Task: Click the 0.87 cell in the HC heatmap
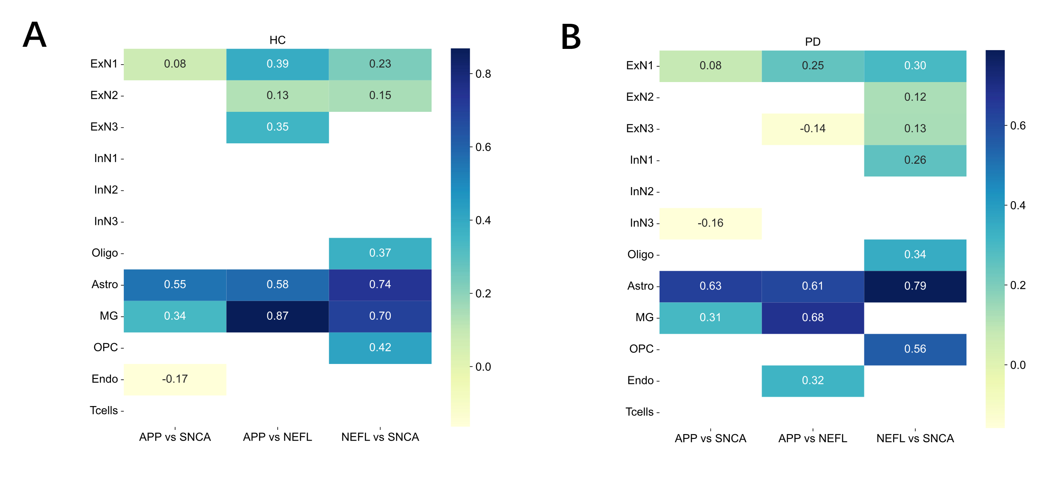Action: pos(277,316)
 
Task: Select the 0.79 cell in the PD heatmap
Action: pos(915,286)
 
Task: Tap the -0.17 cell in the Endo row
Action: pos(175,379)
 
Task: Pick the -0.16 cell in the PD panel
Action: pos(710,223)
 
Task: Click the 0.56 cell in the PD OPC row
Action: pos(915,349)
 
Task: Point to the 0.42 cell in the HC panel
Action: pos(380,347)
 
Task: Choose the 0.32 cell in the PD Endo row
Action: pos(813,380)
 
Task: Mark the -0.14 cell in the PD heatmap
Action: pos(813,128)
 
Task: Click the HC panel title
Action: pos(277,40)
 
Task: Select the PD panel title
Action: pos(813,42)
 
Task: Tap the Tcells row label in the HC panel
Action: pos(104,410)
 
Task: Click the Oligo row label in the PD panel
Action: pos(640,254)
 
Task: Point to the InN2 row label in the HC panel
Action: pos(106,190)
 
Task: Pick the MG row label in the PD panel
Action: pos(644,317)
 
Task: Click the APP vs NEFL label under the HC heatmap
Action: pos(277,437)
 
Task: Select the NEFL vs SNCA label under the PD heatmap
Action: pos(915,438)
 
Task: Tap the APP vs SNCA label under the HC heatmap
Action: pos(175,437)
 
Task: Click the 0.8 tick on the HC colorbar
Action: pos(483,74)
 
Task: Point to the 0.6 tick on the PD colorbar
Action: pos(1018,125)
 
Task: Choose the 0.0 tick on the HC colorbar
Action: pos(483,367)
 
